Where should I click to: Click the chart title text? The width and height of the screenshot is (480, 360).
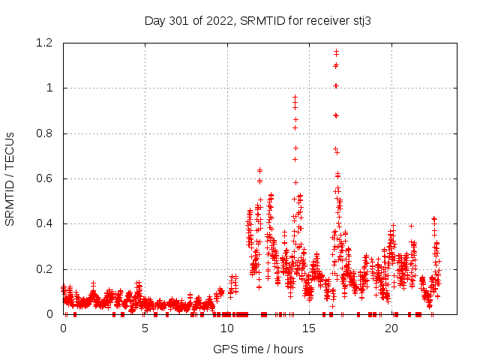pyautogui.click(x=258, y=21)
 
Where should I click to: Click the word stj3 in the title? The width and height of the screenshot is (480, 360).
pyautogui.click(x=361, y=21)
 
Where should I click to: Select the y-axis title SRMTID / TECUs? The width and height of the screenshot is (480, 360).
pyautogui.click(x=10, y=178)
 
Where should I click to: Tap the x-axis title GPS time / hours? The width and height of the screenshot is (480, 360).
pyautogui.click(x=258, y=349)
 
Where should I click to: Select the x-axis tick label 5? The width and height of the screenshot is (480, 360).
pyautogui.click(x=145, y=328)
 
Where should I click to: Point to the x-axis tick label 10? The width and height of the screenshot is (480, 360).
pyautogui.click(x=227, y=328)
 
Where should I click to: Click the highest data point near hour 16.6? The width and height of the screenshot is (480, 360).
pyautogui.click(x=336, y=51)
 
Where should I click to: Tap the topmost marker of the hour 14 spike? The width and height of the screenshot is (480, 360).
pyautogui.click(x=295, y=97)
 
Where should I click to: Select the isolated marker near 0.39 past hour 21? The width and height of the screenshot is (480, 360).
pyautogui.click(x=411, y=226)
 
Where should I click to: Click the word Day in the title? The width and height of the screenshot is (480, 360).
pyautogui.click(x=154, y=21)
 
